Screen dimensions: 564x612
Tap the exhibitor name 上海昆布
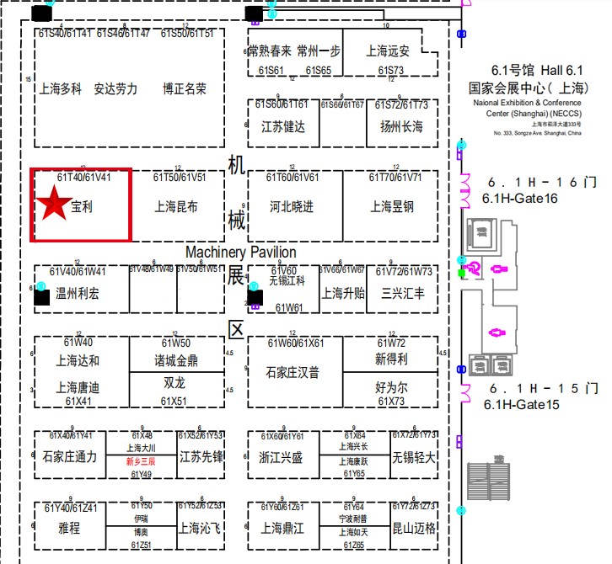click(x=177, y=206)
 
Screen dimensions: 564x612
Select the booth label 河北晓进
click(x=292, y=206)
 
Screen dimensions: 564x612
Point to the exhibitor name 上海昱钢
click(x=393, y=206)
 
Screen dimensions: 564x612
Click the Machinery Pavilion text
click(x=241, y=252)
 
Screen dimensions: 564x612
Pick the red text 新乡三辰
click(x=141, y=462)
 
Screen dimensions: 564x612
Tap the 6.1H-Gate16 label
click(x=519, y=198)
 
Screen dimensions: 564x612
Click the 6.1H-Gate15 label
click(x=521, y=405)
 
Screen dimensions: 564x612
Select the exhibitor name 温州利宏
click(x=78, y=294)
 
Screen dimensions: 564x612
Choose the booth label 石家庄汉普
click(x=293, y=372)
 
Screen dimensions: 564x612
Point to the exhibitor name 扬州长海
click(x=401, y=127)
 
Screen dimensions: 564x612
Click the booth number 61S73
click(x=391, y=71)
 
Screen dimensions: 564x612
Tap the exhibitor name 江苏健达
click(x=283, y=127)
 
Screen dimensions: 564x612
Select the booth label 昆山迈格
click(x=414, y=529)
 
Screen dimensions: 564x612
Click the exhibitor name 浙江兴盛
click(x=282, y=457)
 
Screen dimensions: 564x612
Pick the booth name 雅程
click(x=69, y=529)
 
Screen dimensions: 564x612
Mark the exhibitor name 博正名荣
click(x=185, y=88)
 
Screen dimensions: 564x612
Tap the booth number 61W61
click(x=289, y=308)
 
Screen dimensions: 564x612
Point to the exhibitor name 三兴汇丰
click(x=403, y=294)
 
